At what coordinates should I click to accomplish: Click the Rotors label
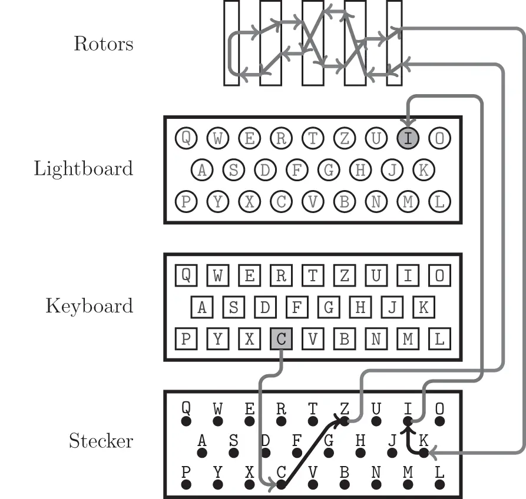(x=103, y=44)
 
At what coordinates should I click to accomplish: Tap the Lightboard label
(x=83, y=169)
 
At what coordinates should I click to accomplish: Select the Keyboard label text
(x=89, y=306)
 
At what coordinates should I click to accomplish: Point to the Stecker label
(x=101, y=441)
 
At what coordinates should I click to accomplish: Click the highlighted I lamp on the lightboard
(x=408, y=138)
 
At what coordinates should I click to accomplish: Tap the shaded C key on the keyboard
(x=281, y=339)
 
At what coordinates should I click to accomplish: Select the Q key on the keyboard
(x=186, y=275)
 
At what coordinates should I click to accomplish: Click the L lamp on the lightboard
(x=439, y=201)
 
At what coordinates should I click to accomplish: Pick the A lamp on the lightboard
(x=202, y=170)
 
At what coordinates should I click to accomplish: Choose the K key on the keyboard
(x=423, y=307)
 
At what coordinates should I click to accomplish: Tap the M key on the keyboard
(x=408, y=339)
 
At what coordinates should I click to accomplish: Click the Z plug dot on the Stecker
(x=345, y=421)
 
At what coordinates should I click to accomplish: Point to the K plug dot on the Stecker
(x=424, y=453)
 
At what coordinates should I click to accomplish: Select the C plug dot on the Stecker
(x=281, y=485)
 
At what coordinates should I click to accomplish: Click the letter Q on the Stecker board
(x=186, y=408)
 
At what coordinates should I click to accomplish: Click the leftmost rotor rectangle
(x=231, y=42)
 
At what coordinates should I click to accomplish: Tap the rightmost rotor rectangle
(x=394, y=42)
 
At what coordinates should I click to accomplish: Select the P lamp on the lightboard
(x=186, y=201)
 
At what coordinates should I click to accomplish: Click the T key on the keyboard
(x=313, y=275)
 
